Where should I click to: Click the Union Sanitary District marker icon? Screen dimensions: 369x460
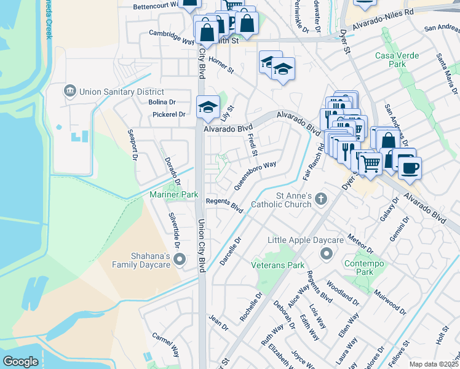point(69,92)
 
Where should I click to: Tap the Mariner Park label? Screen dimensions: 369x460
point(174,194)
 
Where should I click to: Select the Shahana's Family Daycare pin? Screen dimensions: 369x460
point(180,260)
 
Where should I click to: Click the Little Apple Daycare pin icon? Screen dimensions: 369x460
point(327,253)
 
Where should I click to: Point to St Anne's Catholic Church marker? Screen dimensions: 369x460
point(320,199)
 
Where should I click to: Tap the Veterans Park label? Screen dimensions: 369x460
point(278,265)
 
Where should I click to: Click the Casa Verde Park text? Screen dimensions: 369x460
point(397,60)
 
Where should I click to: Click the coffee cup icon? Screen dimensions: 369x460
point(410,167)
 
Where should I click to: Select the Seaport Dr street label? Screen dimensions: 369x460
point(131,145)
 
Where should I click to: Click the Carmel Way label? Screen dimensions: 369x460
point(166,346)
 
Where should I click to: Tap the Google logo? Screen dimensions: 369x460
point(20,362)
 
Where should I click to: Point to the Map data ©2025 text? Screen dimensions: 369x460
point(434,364)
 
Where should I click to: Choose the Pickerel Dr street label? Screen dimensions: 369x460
point(169,114)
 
